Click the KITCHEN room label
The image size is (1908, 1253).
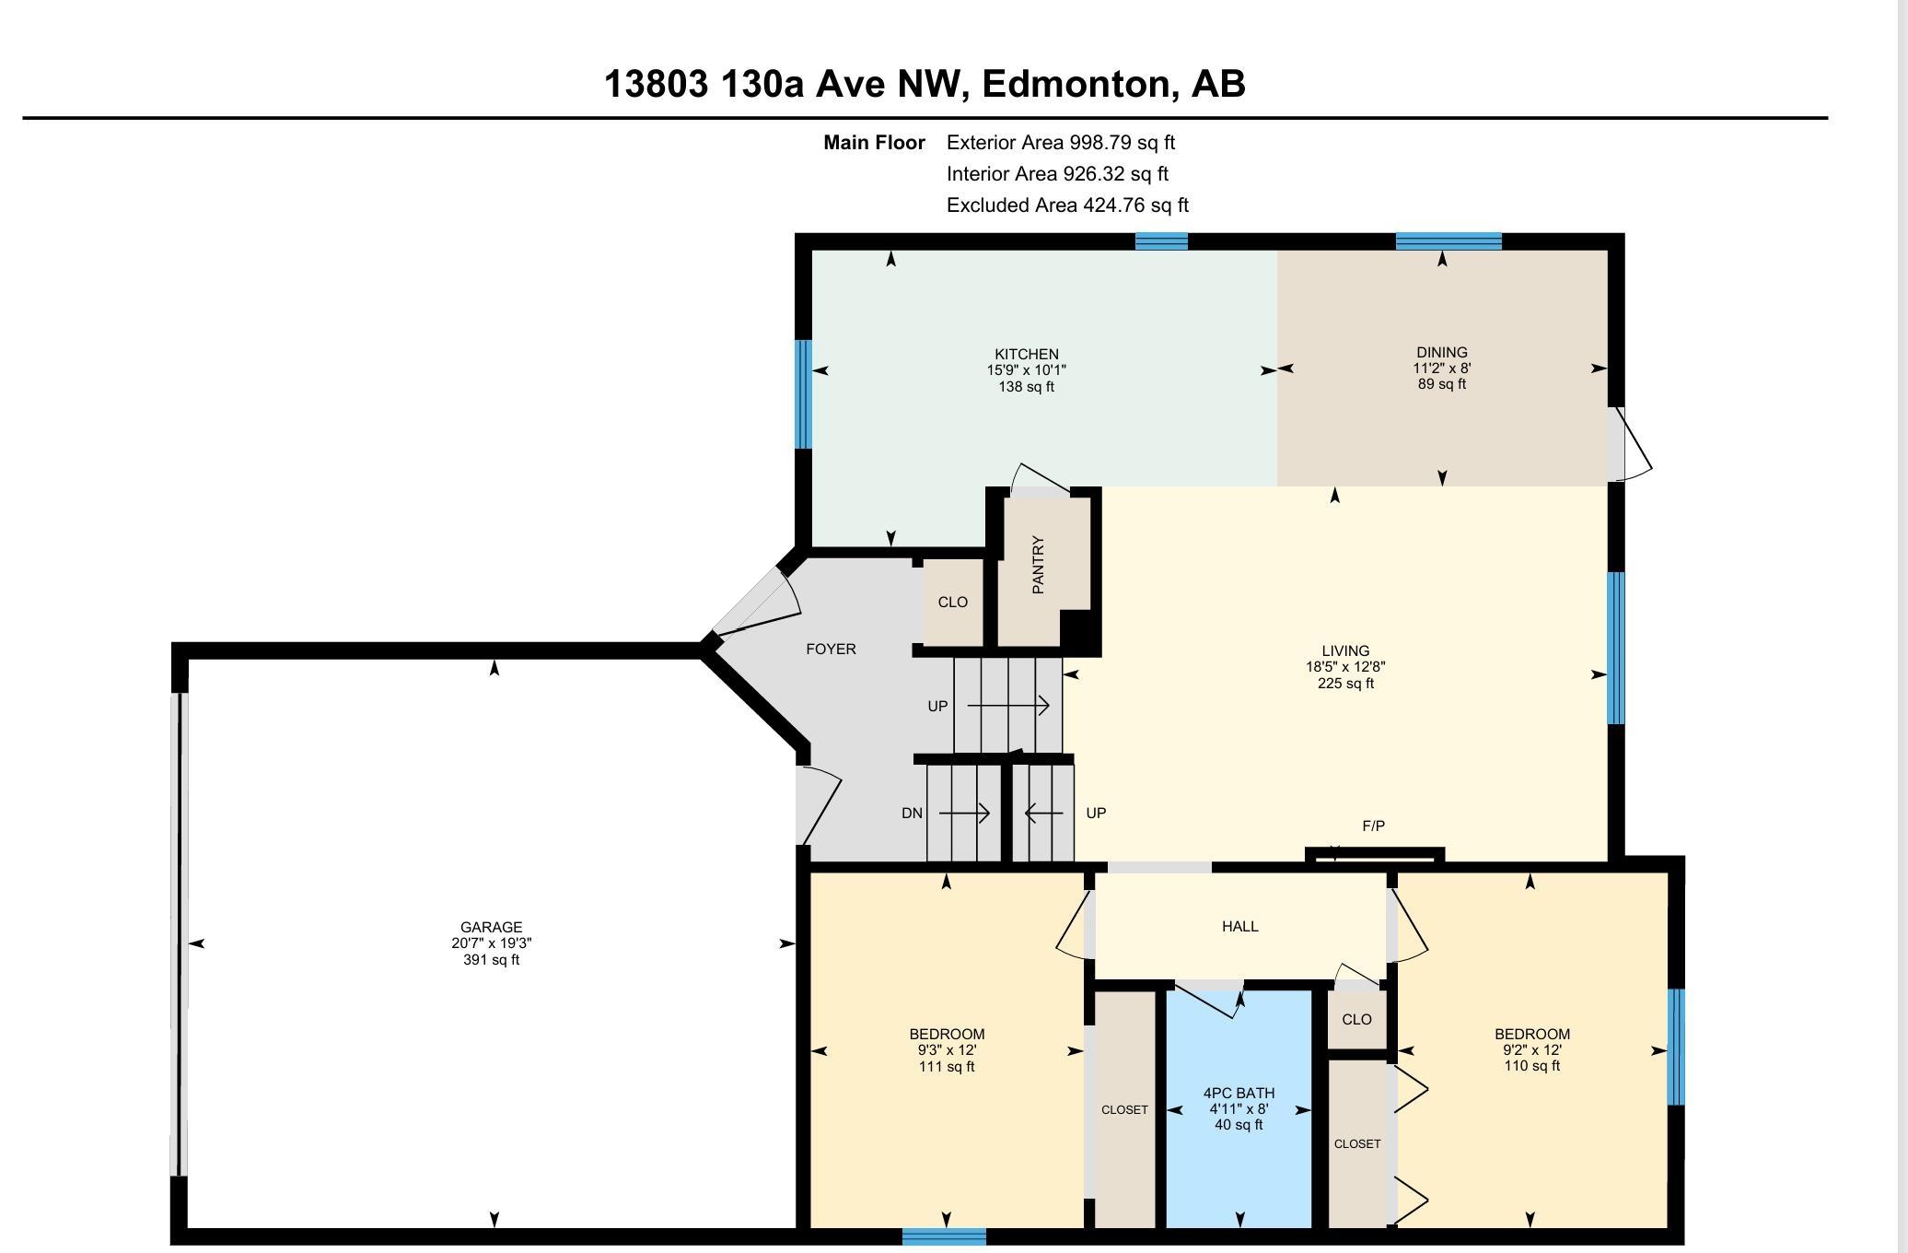[x=1026, y=354]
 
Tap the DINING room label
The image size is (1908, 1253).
[x=1442, y=352]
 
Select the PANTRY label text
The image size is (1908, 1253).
[x=1038, y=565]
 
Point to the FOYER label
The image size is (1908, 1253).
[x=831, y=649]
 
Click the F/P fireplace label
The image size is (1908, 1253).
[x=1373, y=826]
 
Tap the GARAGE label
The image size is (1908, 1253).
[x=491, y=927]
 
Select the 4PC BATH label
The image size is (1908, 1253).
[x=1239, y=1093]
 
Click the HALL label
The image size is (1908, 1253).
[x=1239, y=926]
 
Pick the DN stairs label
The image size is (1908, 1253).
[x=912, y=813]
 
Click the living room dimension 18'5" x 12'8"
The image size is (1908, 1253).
[x=1345, y=667]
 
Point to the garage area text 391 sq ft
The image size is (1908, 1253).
[x=491, y=959]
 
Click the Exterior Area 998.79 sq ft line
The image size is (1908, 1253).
[x=1061, y=143]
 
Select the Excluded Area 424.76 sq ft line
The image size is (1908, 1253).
[x=1067, y=205]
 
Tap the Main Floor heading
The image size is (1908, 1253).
[x=874, y=143]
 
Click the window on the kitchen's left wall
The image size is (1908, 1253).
[x=803, y=394]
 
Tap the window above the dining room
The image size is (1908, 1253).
[x=1448, y=241]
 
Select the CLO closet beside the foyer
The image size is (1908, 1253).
[x=952, y=602]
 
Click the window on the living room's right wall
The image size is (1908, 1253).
[x=1616, y=648]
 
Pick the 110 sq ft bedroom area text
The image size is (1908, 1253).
[x=1531, y=1065]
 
